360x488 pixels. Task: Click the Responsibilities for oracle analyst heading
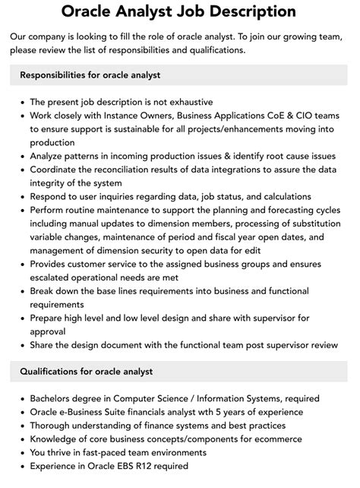pyautogui.click(x=90, y=74)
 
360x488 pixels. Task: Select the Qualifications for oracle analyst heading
pyautogui.click(x=87, y=372)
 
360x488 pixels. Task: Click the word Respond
pyautogui.click(x=50, y=196)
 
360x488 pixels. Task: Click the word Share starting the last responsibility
pyautogui.click(x=44, y=344)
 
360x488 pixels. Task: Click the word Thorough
pyautogui.click(x=53, y=426)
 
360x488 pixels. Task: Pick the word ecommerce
pyautogui.click(x=280, y=439)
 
